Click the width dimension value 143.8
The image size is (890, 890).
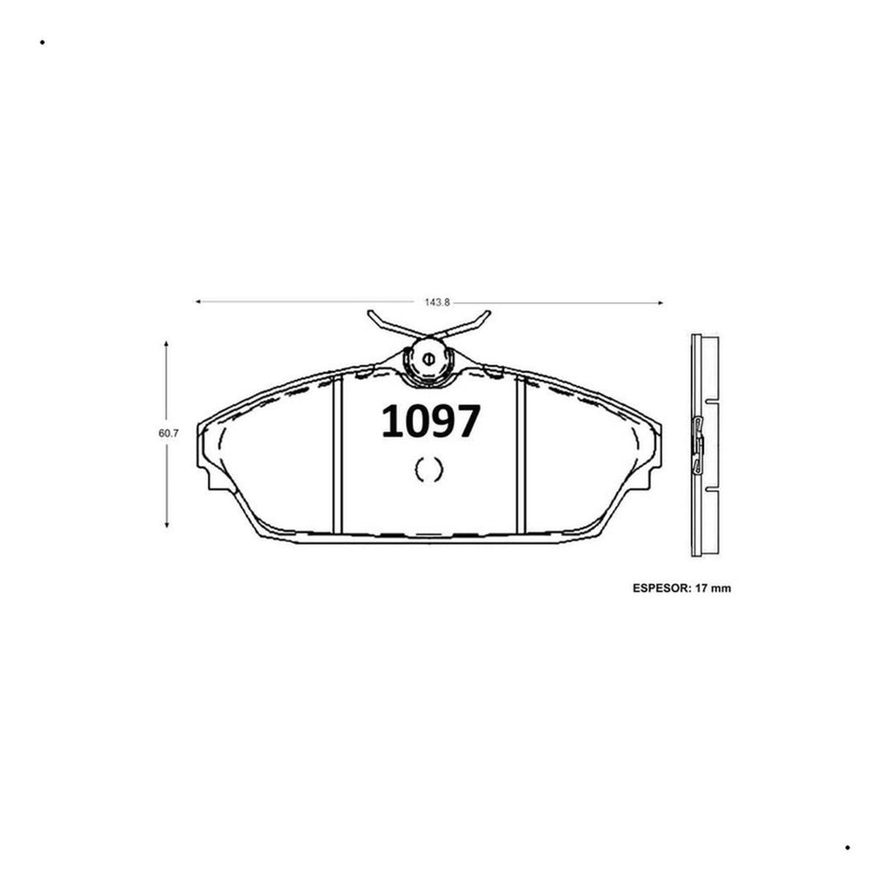click(437, 302)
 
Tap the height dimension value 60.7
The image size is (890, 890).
click(169, 433)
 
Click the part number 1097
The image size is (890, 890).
click(431, 422)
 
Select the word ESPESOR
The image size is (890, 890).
click(661, 588)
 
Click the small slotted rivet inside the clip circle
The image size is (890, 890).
click(428, 359)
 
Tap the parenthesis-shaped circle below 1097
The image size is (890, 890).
click(429, 468)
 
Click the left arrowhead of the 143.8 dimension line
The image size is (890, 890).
click(198, 302)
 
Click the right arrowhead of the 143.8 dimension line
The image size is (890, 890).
click(661, 303)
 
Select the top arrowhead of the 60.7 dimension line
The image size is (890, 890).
click(166, 344)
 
